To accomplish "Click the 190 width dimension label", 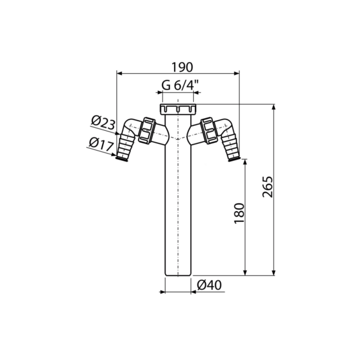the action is click(x=182, y=67).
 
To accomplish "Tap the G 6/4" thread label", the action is click(x=180, y=86).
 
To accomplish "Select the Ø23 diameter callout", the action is click(x=103, y=123).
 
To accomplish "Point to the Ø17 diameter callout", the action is click(x=101, y=144).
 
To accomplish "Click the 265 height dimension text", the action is click(x=268, y=187).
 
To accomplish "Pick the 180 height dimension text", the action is click(x=239, y=213).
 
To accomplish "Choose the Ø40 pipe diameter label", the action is click(x=209, y=286).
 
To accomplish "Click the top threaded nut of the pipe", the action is click(x=178, y=109).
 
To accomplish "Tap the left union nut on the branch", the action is click(x=147, y=131).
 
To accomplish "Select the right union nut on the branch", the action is click(x=209, y=131).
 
